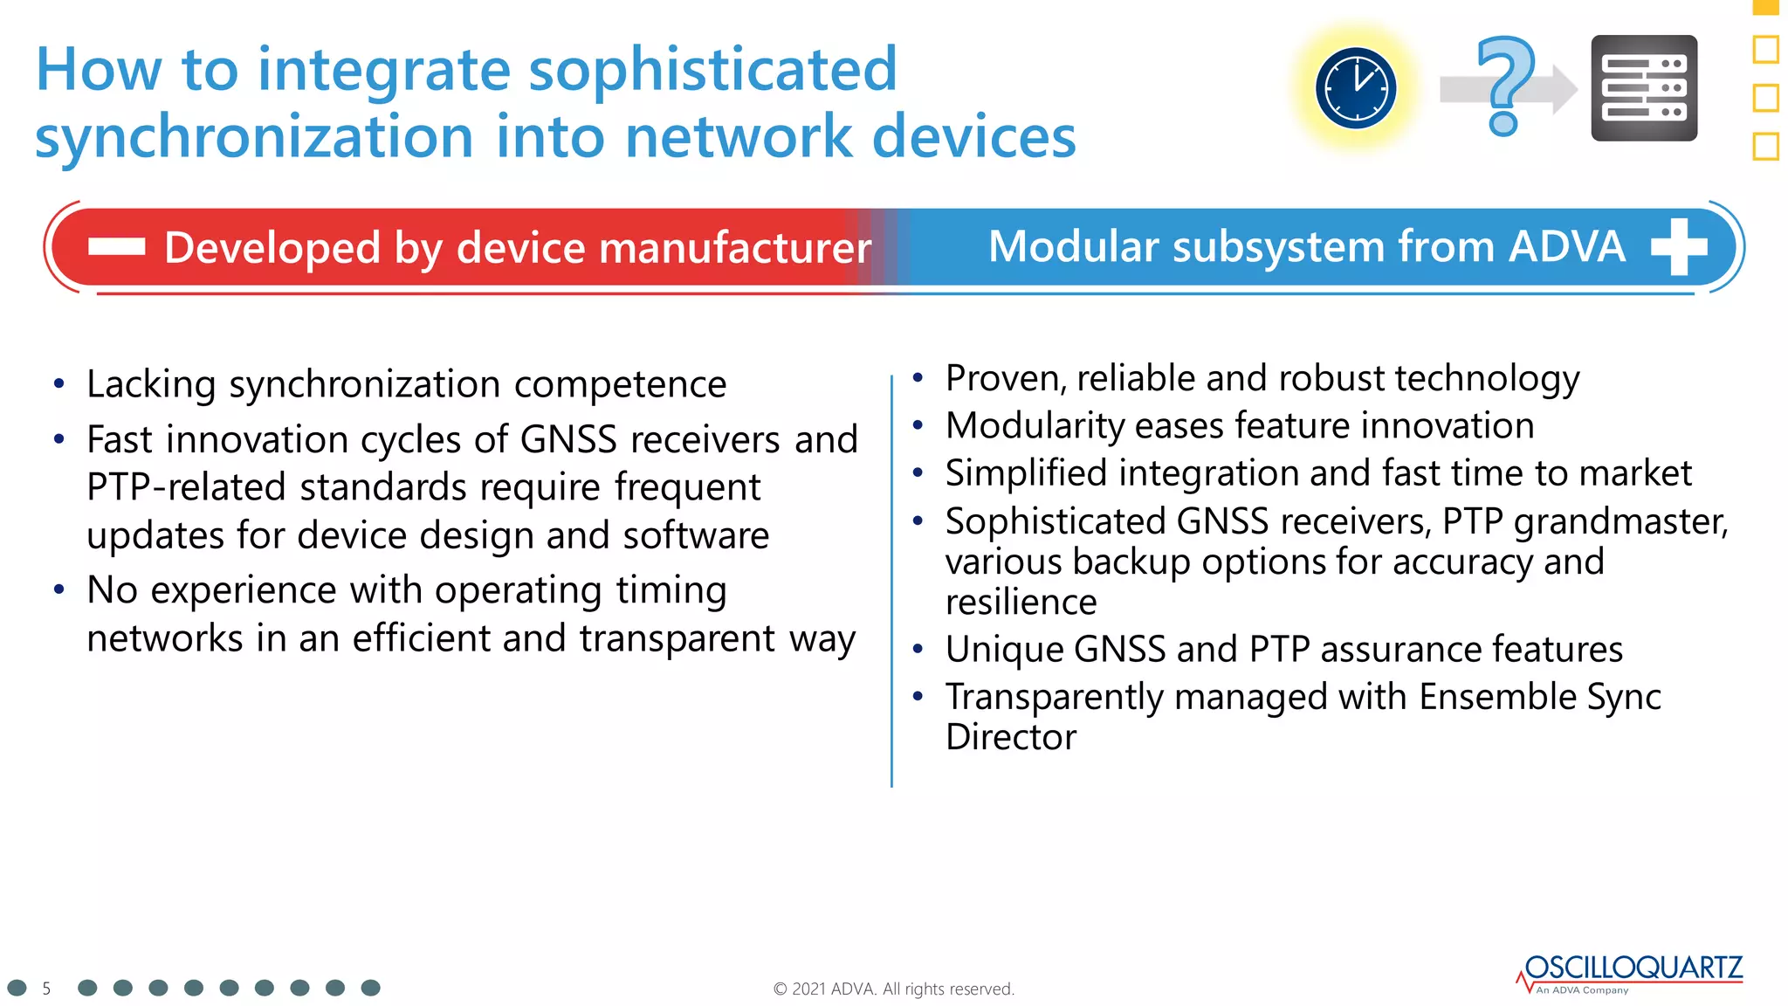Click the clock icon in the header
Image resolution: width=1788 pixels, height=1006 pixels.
(x=1355, y=88)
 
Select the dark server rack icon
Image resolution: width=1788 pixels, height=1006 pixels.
(x=1644, y=88)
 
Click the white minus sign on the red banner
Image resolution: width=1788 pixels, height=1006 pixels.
(x=116, y=247)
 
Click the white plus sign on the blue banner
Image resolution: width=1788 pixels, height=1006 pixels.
(x=1679, y=246)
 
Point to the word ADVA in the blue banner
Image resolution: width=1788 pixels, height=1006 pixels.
(x=1567, y=247)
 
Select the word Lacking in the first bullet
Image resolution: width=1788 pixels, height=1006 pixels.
(x=151, y=384)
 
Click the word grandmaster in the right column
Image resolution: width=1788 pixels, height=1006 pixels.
(x=1620, y=522)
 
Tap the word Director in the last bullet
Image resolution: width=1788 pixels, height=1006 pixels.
(x=1010, y=738)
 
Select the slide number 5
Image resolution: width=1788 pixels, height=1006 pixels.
(x=46, y=989)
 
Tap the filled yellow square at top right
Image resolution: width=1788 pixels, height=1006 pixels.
(x=1765, y=6)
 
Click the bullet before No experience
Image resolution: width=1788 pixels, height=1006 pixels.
(x=58, y=590)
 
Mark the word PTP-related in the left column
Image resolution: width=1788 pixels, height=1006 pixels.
(x=186, y=487)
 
